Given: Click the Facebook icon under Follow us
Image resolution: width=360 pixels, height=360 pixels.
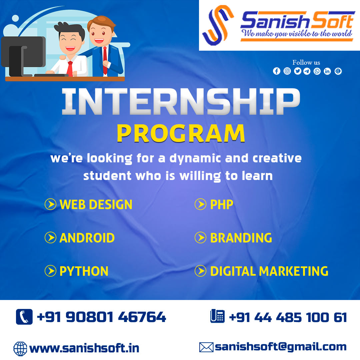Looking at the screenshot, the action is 277,71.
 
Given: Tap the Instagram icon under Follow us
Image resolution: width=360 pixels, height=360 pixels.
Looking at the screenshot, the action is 287,71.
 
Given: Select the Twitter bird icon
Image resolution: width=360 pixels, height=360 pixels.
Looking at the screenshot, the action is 298,71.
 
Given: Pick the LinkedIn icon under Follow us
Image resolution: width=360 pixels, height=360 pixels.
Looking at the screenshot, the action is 327,71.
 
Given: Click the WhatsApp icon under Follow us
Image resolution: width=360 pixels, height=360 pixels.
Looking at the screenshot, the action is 317,71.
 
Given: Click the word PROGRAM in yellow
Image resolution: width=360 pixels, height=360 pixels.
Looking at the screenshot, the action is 181,133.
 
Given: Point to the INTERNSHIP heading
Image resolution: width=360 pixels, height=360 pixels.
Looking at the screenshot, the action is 181,101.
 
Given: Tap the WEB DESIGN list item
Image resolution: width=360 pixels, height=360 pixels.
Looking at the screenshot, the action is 96,204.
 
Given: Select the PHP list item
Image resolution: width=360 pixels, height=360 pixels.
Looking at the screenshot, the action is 222,204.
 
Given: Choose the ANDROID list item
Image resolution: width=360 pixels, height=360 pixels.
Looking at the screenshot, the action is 87,238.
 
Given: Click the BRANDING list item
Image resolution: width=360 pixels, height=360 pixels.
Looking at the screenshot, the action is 241,238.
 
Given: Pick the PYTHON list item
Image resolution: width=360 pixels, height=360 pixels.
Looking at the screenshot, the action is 84,271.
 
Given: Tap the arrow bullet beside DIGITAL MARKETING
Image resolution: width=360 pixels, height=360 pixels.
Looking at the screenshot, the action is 200,271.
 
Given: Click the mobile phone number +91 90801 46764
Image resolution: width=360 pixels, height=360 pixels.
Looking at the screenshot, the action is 101,317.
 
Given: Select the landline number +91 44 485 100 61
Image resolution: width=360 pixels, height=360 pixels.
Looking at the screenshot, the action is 288,318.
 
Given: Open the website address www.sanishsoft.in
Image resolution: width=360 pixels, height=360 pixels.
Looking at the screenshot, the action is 84,348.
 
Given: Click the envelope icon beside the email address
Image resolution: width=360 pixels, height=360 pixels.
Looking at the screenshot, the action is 206,347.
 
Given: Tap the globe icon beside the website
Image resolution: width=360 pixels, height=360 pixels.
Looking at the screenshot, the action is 20,349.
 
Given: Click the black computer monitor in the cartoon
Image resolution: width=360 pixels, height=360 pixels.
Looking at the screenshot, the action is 23,55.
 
